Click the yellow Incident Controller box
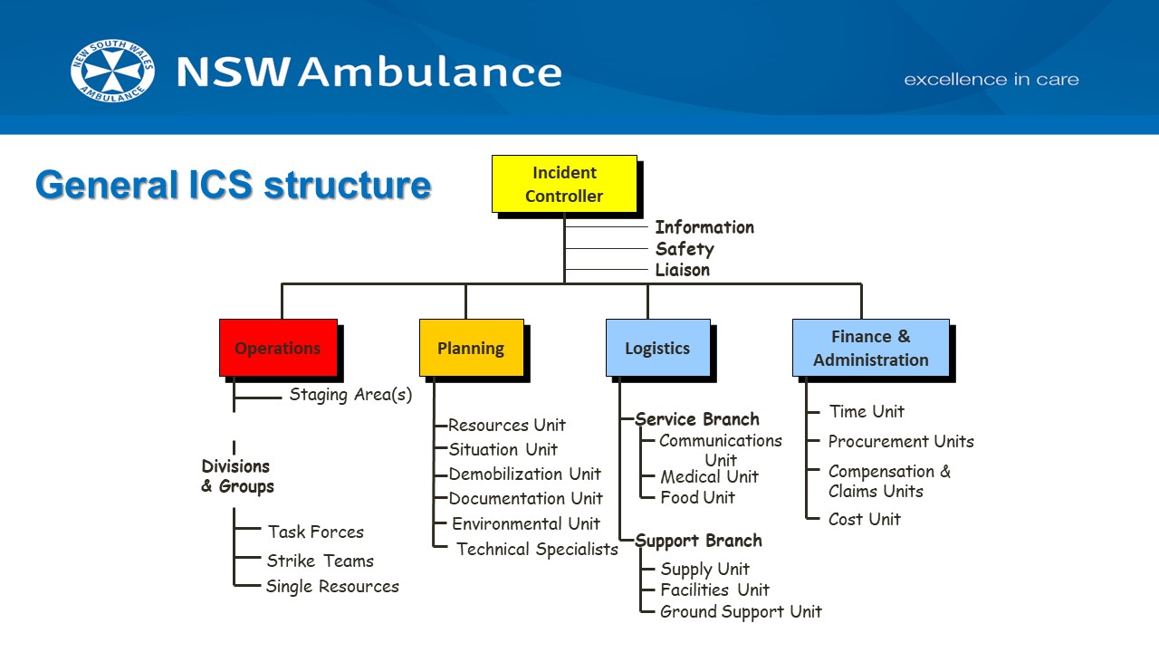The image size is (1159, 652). coord(564,184)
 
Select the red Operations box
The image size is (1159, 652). coord(278,348)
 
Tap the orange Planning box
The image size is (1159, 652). coord(471,348)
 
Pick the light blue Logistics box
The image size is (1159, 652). coord(657,348)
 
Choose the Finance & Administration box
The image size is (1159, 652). coord(870,348)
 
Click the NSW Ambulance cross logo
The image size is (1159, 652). coord(112,71)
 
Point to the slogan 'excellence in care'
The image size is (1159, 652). coord(991,80)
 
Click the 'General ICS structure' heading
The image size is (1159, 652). coord(234,185)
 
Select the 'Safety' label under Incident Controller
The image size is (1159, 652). coord(685,249)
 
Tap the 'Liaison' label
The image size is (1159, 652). coord(683,270)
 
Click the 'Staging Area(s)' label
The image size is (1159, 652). coord(350,395)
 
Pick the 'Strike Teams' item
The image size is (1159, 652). coord(320,561)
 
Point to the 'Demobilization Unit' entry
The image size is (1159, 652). coord(525,474)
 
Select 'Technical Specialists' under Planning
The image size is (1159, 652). coord(537,549)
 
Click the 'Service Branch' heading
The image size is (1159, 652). coord(697,419)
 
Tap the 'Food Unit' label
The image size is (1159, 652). coord(697,497)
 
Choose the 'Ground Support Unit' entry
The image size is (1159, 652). coord(741,611)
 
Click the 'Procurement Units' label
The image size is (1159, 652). coord(901,442)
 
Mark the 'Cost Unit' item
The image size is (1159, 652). coord(865,519)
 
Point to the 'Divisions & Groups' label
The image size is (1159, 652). coord(237,476)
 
